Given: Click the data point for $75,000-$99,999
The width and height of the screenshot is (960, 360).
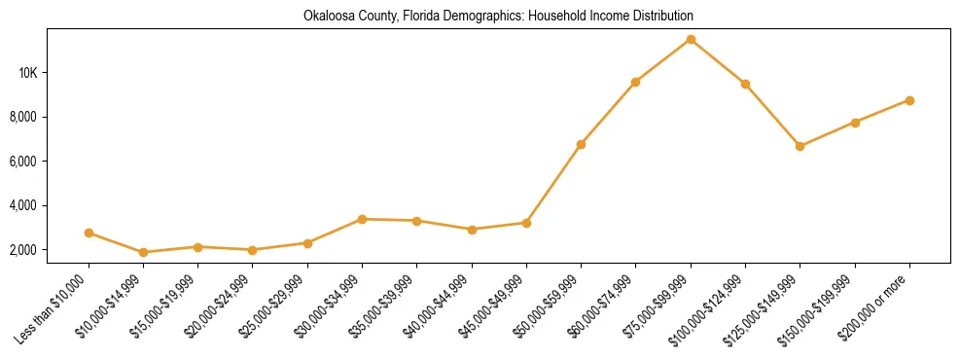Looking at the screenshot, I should point(691,39).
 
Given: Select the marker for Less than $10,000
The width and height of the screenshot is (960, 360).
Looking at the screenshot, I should point(89,234).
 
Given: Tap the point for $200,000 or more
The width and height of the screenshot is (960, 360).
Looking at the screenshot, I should point(909,100).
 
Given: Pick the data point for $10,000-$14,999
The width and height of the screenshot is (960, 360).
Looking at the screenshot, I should point(144,252).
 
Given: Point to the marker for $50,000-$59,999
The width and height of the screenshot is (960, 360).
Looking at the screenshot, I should point(581,144).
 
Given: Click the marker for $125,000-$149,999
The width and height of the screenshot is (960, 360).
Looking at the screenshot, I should point(800,146).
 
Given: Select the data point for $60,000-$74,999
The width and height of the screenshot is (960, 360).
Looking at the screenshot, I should point(635,82).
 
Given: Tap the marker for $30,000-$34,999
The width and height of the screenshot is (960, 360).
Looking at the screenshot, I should point(363,219).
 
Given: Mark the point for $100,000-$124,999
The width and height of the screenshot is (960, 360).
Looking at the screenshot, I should point(745,84).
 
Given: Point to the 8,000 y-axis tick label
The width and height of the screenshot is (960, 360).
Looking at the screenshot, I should point(49,117).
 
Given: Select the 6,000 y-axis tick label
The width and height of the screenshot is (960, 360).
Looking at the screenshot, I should point(49,162).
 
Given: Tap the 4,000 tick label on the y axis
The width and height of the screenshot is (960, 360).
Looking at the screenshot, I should point(49,205).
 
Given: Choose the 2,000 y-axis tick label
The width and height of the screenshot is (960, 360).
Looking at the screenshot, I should point(49,250).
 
